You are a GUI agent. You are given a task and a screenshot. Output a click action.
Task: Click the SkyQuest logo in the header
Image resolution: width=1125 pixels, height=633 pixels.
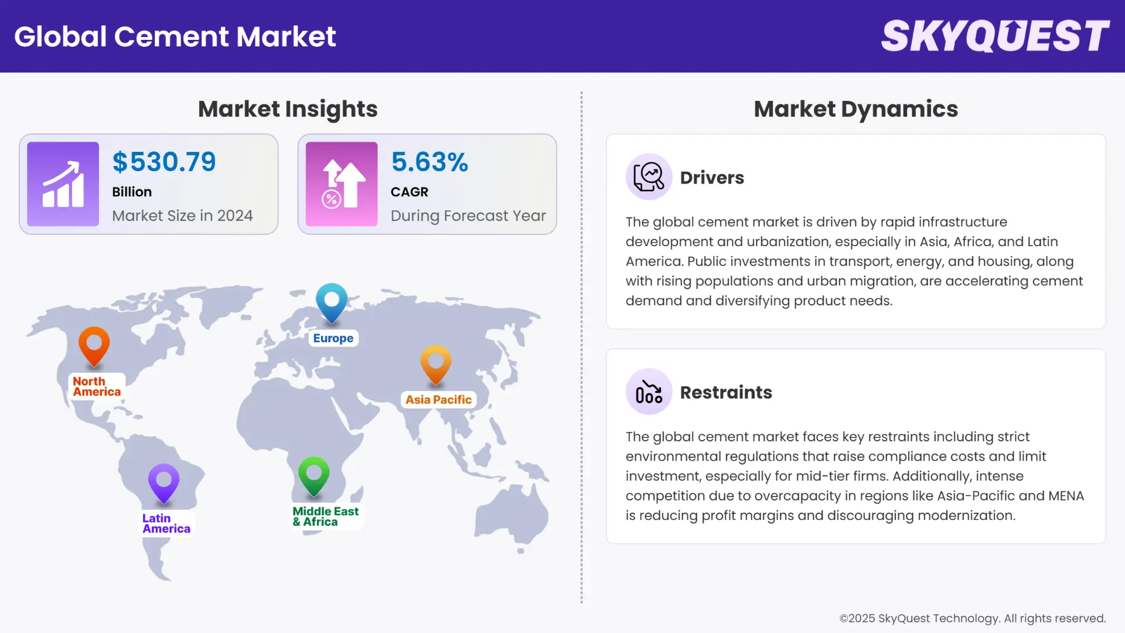pos(995,36)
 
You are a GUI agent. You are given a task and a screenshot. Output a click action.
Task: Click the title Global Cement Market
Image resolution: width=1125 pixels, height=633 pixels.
pos(175,36)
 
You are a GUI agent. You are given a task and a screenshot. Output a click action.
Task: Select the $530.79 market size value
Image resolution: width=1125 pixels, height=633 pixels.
pos(164,162)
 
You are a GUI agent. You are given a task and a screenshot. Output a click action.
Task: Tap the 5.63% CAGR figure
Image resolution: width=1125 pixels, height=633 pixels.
pos(429,162)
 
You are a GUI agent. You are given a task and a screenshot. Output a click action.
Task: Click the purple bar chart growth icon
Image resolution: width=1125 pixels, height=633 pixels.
pos(63,184)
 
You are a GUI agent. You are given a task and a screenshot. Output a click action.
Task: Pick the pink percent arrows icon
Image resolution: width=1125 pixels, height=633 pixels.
pos(342,184)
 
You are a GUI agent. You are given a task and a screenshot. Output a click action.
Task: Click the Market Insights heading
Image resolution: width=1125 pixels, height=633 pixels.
pos(288,109)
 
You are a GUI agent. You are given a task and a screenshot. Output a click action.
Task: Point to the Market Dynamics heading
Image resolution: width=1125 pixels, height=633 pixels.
pos(855,109)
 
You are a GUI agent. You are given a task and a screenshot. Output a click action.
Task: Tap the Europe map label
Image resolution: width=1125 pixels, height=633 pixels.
pos(333,338)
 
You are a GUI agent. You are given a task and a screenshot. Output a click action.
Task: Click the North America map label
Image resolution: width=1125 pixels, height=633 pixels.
pos(97,387)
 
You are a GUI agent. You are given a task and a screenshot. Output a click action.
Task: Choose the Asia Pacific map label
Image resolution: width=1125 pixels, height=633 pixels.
pos(438,400)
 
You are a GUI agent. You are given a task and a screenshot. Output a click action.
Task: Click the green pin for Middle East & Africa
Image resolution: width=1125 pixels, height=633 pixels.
pos(313,475)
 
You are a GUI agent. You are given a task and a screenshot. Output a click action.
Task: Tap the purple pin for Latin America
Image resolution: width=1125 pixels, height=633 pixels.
pos(163,482)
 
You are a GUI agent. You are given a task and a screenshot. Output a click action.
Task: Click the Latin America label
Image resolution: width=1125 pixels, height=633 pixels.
pos(166,523)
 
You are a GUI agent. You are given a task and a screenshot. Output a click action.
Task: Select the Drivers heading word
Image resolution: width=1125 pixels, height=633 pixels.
pos(712,178)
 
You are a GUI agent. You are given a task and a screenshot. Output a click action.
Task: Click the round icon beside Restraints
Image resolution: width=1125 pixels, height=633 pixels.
pos(649,392)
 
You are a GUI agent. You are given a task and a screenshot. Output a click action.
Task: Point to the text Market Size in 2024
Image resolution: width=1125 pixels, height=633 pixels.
pos(182,216)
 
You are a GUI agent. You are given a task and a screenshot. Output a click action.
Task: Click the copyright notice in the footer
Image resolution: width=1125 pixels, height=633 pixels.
pos(972,618)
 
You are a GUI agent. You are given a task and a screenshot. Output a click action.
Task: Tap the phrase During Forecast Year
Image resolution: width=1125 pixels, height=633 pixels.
pos(468,216)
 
